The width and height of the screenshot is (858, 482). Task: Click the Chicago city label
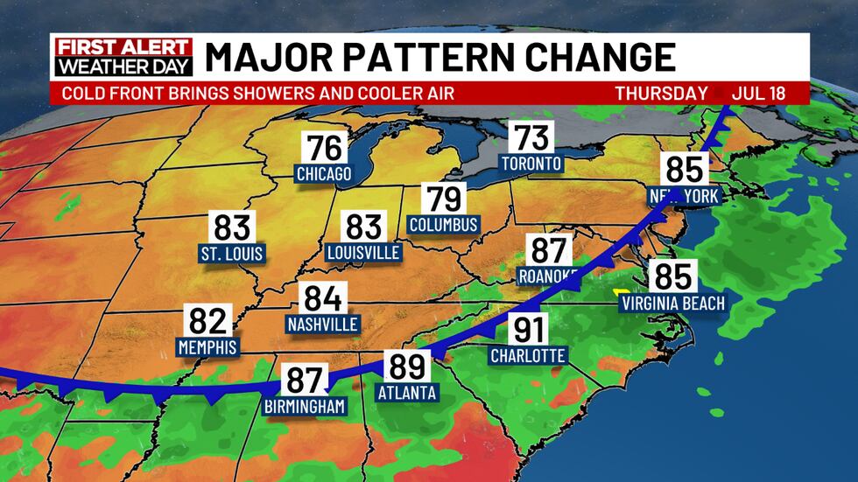pyautogui.click(x=323, y=174)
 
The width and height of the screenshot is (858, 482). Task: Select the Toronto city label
pyautogui.click(x=531, y=163)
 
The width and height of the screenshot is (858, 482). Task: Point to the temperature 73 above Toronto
pyautogui.click(x=531, y=137)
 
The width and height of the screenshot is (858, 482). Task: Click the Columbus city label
pyautogui.click(x=444, y=225)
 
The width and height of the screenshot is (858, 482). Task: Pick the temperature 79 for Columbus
pyautogui.click(x=443, y=199)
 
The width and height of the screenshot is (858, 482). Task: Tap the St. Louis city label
pyautogui.click(x=232, y=254)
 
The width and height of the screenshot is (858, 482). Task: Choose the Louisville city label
pyautogui.click(x=362, y=253)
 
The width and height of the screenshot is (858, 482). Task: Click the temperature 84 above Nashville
pyautogui.click(x=322, y=299)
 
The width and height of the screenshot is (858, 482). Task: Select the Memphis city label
pyautogui.click(x=207, y=346)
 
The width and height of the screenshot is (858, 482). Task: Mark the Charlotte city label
pyautogui.click(x=528, y=355)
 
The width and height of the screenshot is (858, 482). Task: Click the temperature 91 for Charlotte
pyautogui.click(x=528, y=330)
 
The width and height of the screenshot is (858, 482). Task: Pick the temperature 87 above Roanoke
pyautogui.click(x=550, y=250)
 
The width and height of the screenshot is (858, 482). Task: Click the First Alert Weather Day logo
pyautogui.click(x=123, y=57)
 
